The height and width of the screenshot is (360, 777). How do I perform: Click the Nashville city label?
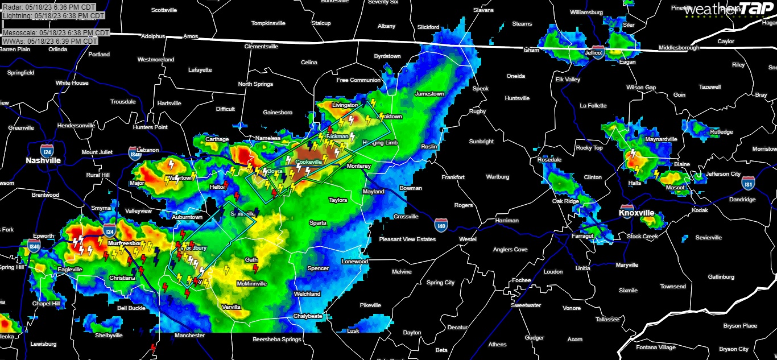tap(43, 161)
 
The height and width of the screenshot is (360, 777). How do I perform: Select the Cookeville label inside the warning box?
tap(309, 162)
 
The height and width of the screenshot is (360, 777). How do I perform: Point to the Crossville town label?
tap(406, 217)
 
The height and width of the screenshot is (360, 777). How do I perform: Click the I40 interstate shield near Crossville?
tap(440, 225)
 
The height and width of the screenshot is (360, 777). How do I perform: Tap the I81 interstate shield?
tap(749, 183)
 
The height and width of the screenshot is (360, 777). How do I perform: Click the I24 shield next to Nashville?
tap(47, 150)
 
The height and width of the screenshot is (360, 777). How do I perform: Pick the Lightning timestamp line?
tap(53, 16)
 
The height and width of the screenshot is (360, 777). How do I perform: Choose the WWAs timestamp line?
tap(50, 42)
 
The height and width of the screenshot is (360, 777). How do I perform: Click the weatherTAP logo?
tap(729, 10)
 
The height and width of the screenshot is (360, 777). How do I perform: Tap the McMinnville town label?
tap(252, 284)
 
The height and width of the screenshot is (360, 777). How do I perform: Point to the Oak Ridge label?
tap(565, 201)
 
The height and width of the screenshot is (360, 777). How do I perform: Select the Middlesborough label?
tap(679, 48)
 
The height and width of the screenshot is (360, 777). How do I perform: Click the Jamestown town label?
tap(429, 94)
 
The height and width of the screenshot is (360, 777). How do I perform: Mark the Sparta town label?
tap(317, 223)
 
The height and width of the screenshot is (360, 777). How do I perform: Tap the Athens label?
tap(497, 345)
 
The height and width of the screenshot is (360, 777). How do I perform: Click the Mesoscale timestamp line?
tap(56, 33)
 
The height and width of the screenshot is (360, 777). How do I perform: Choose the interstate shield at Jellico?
tap(597, 50)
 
